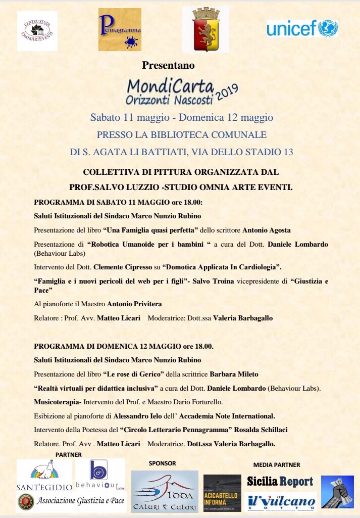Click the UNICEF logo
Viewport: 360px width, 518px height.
302,28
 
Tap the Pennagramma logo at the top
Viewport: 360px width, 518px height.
120,30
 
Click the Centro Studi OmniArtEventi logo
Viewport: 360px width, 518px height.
37,31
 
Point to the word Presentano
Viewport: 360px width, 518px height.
168,65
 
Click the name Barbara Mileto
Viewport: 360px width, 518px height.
233,374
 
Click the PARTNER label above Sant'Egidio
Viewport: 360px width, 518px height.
68,455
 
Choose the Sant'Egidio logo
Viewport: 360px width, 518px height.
44,475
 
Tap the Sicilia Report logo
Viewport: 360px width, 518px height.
280,481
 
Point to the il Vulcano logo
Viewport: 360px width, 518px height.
282,502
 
